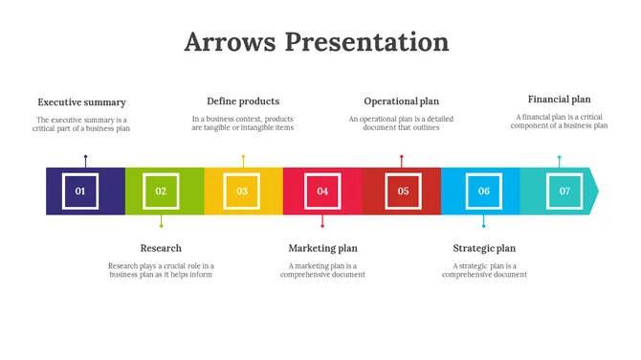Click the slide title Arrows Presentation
point(316,42)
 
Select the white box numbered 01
point(80,191)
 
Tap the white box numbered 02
point(161,191)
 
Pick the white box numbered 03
point(242,191)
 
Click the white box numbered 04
point(322,191)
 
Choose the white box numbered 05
point(403,191)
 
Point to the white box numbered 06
point(484,191)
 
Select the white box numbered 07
point(564,191)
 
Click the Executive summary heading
point(81,102)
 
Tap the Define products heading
point(243,101)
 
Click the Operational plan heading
point(402,101)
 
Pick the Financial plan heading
point(560,99)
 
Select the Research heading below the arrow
point(161,248)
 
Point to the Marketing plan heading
point(322,248)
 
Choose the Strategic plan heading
point(484,248)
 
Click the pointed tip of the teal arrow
point(597,191)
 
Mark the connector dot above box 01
point(85,157)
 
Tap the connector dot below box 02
point(161,225)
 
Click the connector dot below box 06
point(484,225)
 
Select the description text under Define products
point(243,124)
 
